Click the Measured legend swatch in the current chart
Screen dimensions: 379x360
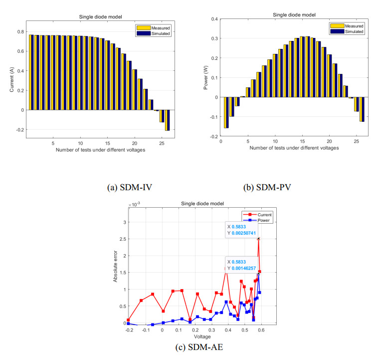click(x=144, y=28)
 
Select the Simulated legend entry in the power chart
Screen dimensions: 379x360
click(x=347, y=31)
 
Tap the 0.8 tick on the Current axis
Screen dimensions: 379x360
click(x=21, y=31)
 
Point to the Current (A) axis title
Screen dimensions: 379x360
click(x=11, y=79)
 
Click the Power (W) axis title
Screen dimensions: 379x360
click(x=205, y=77)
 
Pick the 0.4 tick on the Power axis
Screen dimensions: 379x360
click(x=214, y=19)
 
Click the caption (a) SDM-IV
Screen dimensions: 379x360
click(x=130, y=188)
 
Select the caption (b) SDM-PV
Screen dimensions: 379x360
click(x=267, y=188)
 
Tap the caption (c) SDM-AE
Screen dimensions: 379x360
click(x=199, y=347)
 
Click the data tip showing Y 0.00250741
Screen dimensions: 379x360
click(x=241, y=230)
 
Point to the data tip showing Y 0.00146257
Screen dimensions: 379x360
click(x=241, y=265)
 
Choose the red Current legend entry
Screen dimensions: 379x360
click(x=257, y=215)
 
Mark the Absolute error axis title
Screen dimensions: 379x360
click(x=115, y=266)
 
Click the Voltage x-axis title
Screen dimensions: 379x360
click(x=202, y=337)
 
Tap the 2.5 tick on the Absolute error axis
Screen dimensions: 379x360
click(x=123, y=239)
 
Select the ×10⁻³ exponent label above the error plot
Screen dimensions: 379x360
click(x=134, y=205)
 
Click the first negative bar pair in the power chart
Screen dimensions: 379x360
click(x=226, y=112)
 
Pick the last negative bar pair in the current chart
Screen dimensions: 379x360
click(x=167, y=120)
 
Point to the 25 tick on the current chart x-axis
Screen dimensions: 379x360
click(x=162, y=143)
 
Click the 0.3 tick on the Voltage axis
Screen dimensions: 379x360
click(x=212, y=330)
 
